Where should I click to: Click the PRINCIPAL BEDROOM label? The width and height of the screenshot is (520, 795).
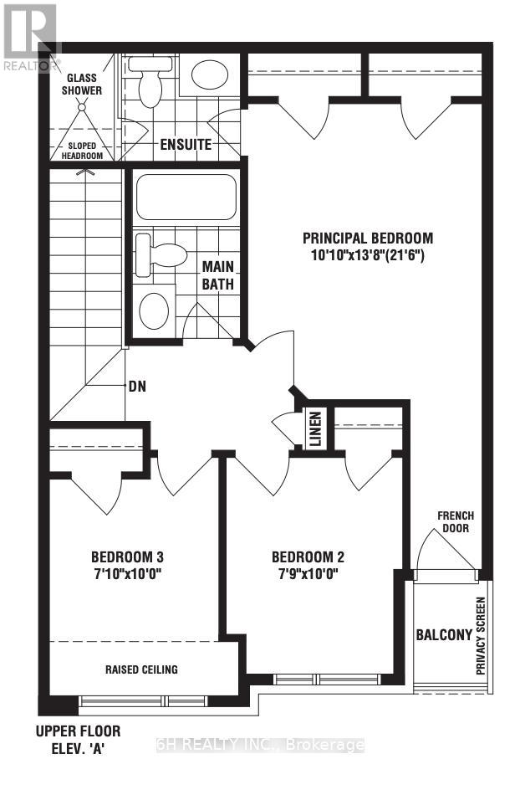point(368,237)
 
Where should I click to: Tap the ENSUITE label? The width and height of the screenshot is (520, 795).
point(186,145)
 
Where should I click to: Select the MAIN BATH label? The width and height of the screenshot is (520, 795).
point(218,275)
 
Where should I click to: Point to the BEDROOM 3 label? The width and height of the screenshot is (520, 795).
point(127,556)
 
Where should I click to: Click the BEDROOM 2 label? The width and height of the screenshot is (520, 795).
point(308,556)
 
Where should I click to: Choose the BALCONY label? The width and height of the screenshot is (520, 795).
point(444,634)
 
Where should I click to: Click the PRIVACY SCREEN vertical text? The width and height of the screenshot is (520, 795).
point(482,637)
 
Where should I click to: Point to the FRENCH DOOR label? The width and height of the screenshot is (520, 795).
point(455,522)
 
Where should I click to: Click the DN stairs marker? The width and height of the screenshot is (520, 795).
point(138,387)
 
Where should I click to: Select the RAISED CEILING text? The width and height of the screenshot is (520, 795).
point(141,669)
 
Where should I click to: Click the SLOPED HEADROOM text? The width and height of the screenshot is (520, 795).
point(79,150)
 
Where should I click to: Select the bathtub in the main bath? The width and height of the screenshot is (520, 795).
point(186,197)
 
